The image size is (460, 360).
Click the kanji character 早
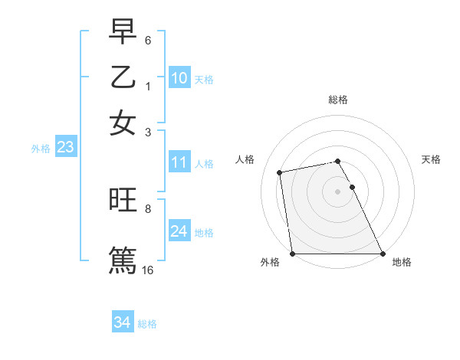pos(123,33)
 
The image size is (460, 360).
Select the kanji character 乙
pos(123,78)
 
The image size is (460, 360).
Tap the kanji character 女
pos(123,123)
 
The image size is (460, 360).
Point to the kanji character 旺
pos(123,201)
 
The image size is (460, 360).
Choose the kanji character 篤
pos(123,258)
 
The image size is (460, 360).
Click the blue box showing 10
pos(179,78)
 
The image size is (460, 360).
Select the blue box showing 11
pos(179,162)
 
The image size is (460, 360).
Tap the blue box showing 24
pos(179,231)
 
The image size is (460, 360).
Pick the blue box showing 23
pos(65,148)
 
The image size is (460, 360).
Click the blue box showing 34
pos(123,322)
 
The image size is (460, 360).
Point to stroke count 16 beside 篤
pos(148,270)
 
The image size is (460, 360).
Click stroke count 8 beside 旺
pos(148,208)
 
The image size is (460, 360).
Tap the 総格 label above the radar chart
pos(338,100)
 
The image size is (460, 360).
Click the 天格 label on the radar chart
pos(432,159)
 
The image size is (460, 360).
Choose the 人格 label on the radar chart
pos(245,159)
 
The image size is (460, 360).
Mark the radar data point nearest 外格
pos(292,254)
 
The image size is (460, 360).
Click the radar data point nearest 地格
pos(383,254)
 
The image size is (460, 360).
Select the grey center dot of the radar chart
pos(338,191)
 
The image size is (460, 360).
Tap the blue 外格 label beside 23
pos(40,149)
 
